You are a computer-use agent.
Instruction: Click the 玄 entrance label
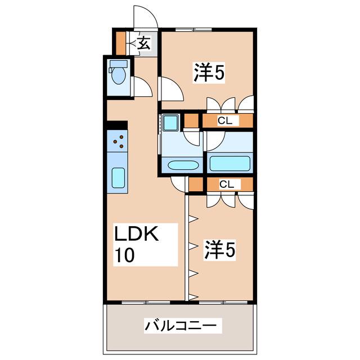[x=145, y=43]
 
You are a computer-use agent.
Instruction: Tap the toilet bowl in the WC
[x=118, y=75]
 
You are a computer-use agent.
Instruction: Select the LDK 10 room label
[x=136, y=244]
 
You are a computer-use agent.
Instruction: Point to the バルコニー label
[x=181, y=325]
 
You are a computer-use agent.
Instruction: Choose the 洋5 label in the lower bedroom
[x=219, y=250]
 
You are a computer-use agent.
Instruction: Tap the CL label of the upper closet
[x=225, y=120]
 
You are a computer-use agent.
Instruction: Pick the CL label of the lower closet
[x=227, y=184]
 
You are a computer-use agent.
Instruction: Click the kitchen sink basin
[x=118, y=178]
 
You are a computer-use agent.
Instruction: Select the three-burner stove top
[x=118, y=141]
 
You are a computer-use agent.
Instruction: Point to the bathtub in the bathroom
[x=230, y=163]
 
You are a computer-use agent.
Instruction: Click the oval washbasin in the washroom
[x=183, y=165]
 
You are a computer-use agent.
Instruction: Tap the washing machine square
[x=170, y=123]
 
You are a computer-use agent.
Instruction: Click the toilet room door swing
[x=142, y=87]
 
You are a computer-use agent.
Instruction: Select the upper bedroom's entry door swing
[x=172, y=89]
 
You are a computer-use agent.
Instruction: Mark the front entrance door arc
[x=146, y=16]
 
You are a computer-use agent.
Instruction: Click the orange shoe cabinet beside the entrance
[x=120, y=43]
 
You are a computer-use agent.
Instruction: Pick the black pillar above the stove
[x=117, y=125]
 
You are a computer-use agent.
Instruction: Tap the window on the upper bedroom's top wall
[x=193, y=29]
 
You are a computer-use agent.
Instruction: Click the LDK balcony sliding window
[x=146, y=303]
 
